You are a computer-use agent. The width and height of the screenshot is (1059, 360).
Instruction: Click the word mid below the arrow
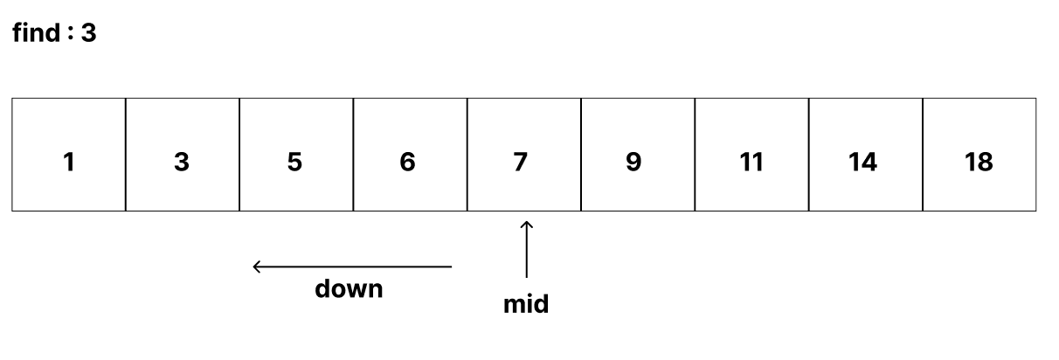coord(526,304)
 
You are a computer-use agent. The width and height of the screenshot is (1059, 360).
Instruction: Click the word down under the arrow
coord(349,288)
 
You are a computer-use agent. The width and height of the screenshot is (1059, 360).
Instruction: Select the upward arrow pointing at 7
coord(526,250)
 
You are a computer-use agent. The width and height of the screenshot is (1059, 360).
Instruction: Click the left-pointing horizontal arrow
coord(352,267)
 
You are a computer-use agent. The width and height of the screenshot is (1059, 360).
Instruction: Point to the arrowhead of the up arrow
coord(526,225)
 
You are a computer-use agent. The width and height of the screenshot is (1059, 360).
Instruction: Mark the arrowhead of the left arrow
coord(257,267)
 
